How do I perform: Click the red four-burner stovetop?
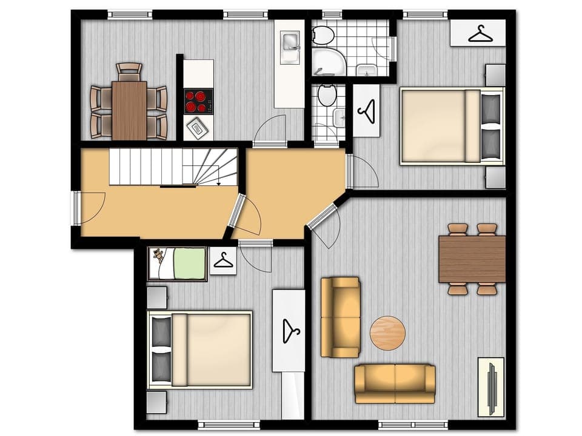click(198, 101)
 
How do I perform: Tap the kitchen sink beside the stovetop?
click(198, 128)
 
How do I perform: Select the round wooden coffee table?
click(387, 333)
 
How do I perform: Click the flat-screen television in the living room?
click(492, 387)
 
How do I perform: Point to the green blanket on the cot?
click(189, 263)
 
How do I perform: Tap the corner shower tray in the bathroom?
click(328, 61)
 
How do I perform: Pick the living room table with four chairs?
click(472, 259)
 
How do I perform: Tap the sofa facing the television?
click(395, 383)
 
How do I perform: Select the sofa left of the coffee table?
click(339, 317)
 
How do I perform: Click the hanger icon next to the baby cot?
click(223, 261)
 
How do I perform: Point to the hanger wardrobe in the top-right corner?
click(479, 33)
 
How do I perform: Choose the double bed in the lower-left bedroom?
click(200, 349)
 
